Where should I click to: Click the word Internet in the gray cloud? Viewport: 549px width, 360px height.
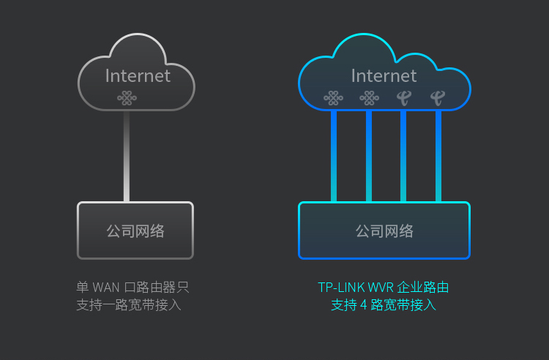tap(138, 76)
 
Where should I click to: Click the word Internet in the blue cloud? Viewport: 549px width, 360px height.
tap(384, 76)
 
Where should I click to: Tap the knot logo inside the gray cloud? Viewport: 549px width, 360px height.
tap(127, 98)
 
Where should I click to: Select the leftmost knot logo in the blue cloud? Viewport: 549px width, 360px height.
tap(333, 98)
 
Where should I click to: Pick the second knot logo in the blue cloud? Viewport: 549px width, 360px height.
tap(369, 98)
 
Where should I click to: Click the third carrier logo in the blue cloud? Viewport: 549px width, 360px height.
tap(404, 98)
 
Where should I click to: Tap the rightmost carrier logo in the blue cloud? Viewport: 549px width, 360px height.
tap(438, 98)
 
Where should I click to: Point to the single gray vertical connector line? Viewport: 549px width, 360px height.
tap(127, 156)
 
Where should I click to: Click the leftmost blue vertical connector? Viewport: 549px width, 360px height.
tap(334, 156)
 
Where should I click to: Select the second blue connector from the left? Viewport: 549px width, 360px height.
tap(369, 156)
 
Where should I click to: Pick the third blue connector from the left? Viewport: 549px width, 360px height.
tap(403, 156)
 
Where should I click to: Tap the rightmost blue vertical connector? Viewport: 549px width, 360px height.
tap(438, 156)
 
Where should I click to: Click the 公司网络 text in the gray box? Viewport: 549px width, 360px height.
tap(135, 231)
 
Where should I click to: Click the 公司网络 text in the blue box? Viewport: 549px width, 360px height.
tap(384, 231)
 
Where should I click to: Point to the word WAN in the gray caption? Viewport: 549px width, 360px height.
tap(106, 288)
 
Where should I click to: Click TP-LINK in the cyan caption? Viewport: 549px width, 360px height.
tap(341, 288)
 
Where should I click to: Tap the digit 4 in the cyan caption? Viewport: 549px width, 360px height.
tap(363, 305)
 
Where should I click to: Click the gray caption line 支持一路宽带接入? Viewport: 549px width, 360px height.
tap(129, 305)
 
